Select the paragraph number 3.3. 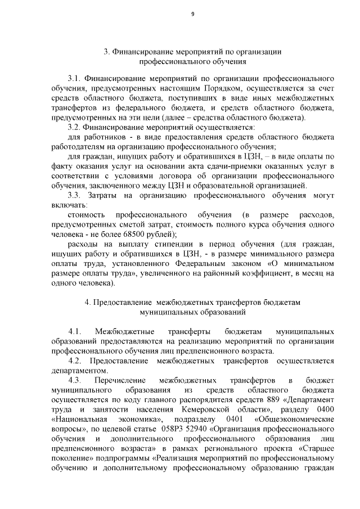pos(75,195)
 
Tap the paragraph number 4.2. pos(75,360)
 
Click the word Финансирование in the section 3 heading pos(142,51)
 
